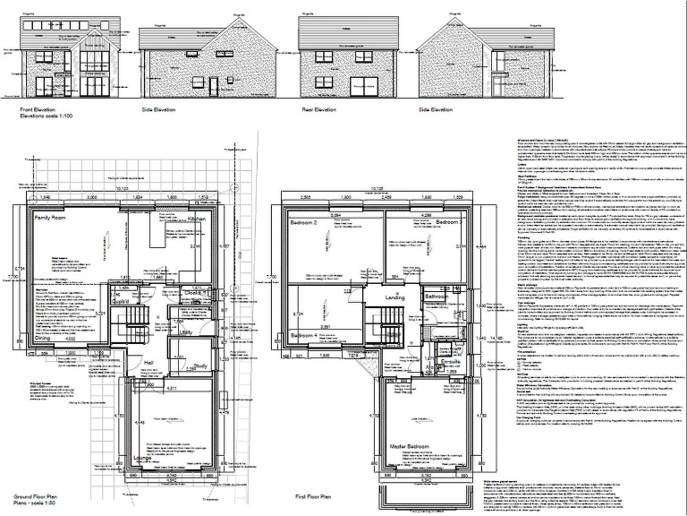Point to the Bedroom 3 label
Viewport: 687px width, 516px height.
449,221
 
